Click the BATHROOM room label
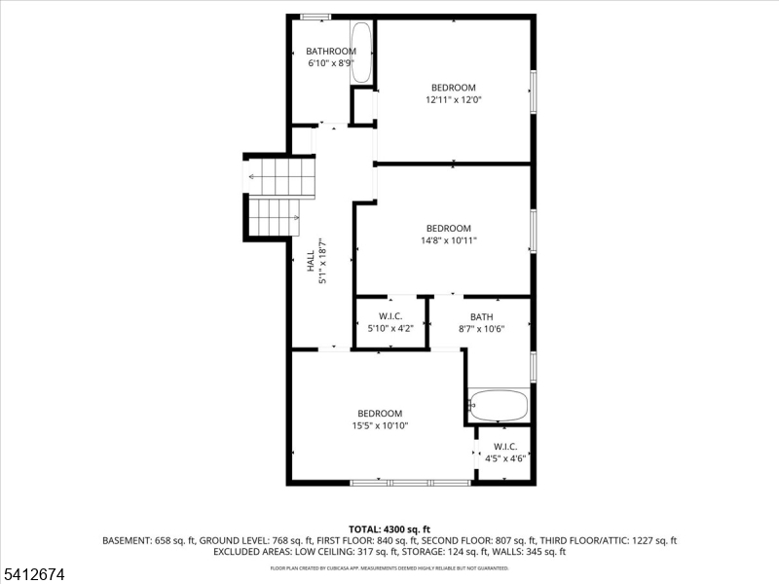click(331, 52)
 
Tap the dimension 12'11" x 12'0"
click(454, 99)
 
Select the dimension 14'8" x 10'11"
click(448, 240)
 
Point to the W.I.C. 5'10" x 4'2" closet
click(390, 322)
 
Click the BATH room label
click(481, 316)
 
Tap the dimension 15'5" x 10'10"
click(379, 425)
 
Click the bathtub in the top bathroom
click(361, 52)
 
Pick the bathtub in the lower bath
click(499, 404)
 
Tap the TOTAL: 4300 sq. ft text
click(389, 529)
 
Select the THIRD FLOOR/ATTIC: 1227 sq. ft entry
click(602, 540)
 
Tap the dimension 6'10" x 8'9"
click(331, 63)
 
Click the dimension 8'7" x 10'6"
click(481, 329)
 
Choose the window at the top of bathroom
click(315, 17)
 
